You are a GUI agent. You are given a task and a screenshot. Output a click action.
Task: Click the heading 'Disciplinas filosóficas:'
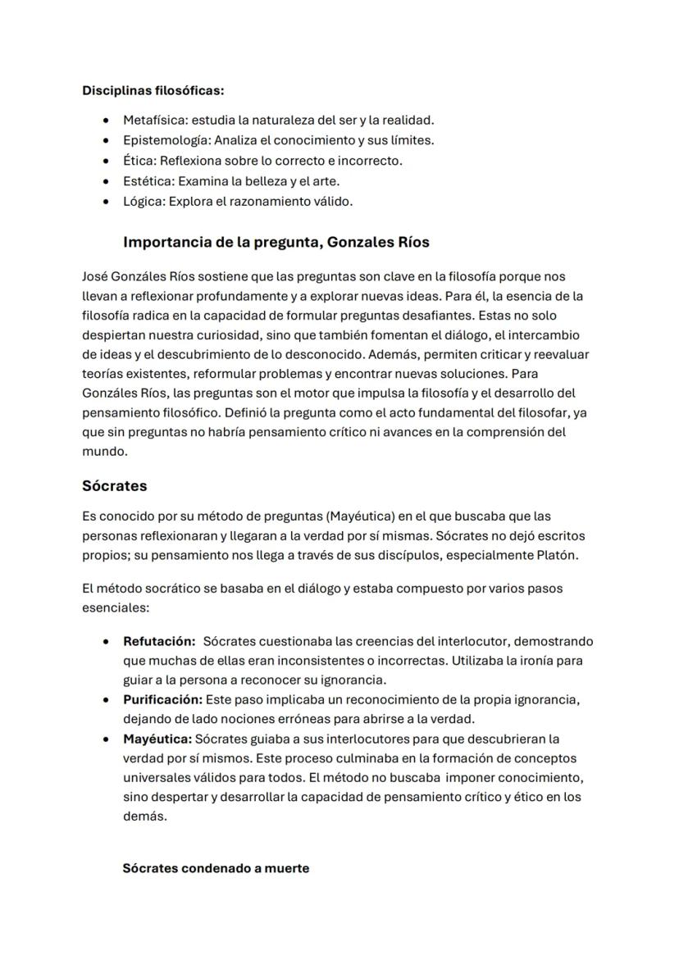pos(153,90)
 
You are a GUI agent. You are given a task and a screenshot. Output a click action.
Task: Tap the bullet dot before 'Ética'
pos(106,161)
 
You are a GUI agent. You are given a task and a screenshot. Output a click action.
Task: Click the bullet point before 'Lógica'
pos(106,202)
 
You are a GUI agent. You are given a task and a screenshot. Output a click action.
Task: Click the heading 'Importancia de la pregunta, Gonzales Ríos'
pos(276,243)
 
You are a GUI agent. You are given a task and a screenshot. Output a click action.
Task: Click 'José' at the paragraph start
pos(95,277)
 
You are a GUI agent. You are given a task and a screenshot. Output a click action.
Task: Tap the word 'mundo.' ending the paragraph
pos(104,451)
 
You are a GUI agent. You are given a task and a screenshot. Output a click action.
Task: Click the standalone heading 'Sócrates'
pos(114,486)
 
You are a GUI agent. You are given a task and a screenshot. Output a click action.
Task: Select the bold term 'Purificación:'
pos(162,699)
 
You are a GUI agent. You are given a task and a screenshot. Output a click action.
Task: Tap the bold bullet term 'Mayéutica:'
pos(157,739)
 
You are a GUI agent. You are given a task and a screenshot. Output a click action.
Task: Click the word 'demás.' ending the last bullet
pos(144,817)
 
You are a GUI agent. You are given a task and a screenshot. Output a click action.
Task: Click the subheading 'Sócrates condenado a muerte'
pos(216,868)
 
